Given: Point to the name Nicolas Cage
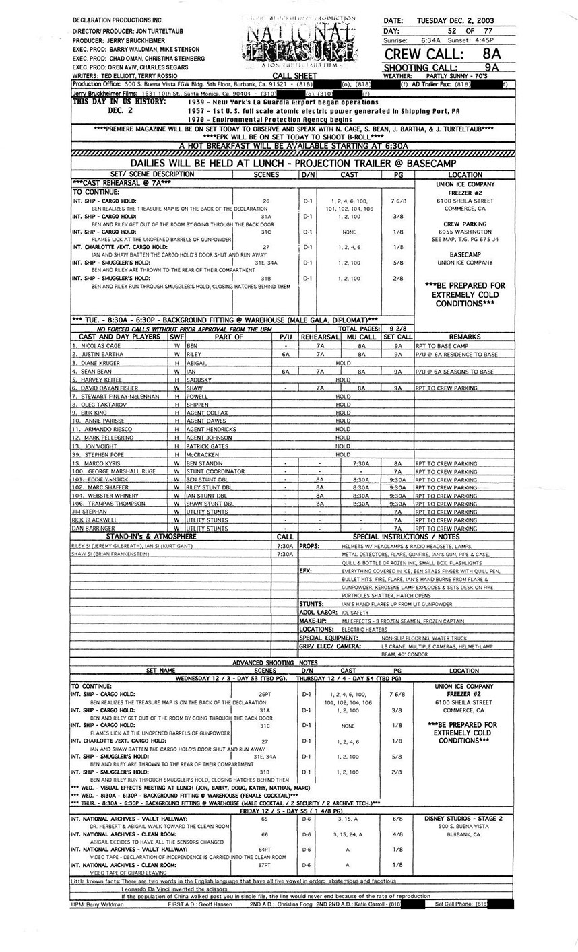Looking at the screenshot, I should [x=99, y=345].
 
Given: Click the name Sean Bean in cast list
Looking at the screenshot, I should [x=96, y=371].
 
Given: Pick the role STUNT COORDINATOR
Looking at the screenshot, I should [x=216, y=472].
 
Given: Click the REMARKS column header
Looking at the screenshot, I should [x=464, y=337].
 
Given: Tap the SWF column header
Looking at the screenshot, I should [x=176, y=337].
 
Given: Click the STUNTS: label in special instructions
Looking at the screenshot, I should [x=312, y=604].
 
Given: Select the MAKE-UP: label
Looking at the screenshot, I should [x=313, y=621].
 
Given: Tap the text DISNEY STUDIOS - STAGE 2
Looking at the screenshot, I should [x=463, y=819].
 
